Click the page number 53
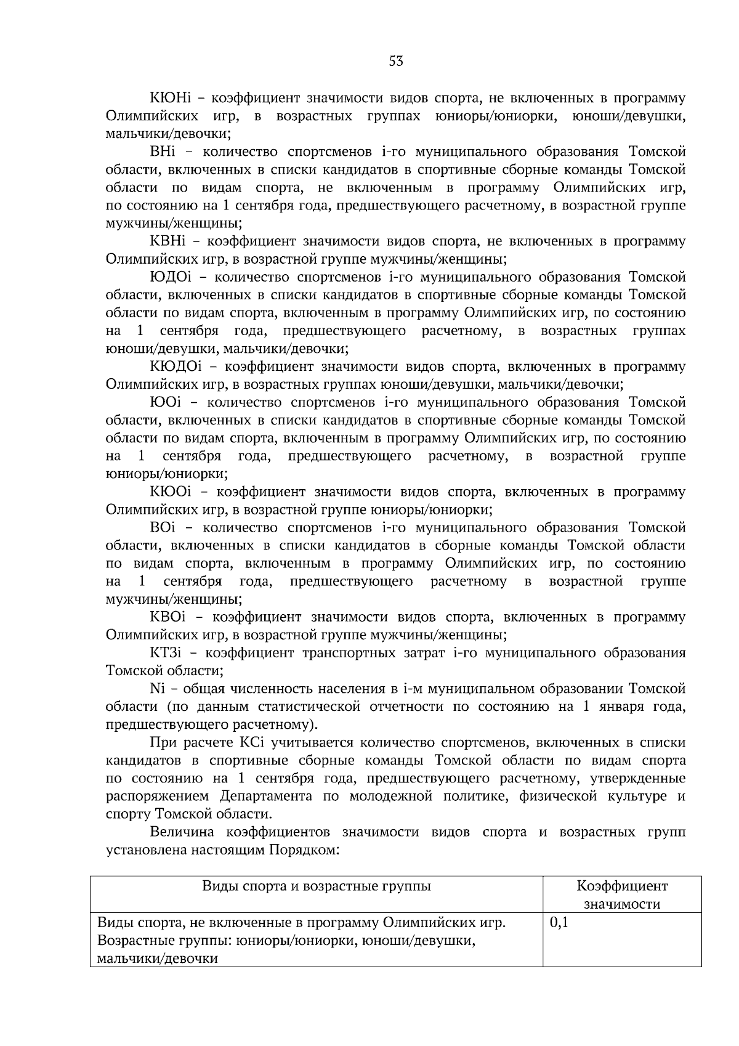396,61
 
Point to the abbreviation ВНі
163,152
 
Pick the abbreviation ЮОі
164,402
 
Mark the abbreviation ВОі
163,527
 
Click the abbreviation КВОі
172,617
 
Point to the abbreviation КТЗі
171,652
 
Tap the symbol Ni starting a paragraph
156,688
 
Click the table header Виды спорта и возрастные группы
317,886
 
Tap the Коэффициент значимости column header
622,895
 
